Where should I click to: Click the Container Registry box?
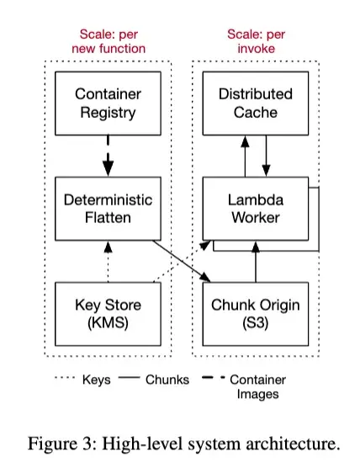point(107,103)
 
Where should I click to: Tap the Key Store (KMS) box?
point(107,313)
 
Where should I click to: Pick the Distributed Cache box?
point(255,103)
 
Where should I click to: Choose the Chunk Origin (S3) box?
point(255,313)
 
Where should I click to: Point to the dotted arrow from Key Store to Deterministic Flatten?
point(108,261)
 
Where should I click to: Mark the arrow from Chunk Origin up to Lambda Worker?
point(255,265)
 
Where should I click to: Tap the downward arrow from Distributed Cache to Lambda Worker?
point(266,157)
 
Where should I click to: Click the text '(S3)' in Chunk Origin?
point(255,322)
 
